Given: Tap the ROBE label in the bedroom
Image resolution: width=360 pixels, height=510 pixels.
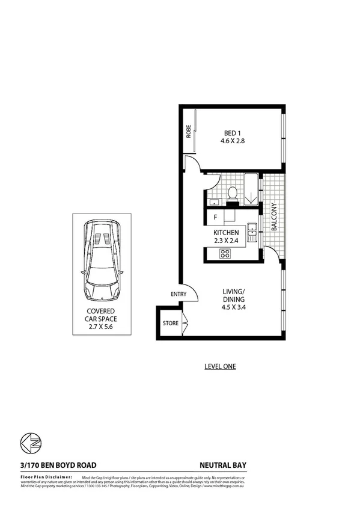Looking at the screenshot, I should (188, 131).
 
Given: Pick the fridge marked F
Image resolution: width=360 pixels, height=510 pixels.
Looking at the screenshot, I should (215, 218).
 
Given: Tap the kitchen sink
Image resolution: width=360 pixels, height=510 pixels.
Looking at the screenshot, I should (253, 231).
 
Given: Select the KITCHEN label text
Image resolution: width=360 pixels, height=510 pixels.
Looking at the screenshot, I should (226, 233).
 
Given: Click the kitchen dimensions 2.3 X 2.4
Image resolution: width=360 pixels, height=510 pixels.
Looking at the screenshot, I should (226, 241).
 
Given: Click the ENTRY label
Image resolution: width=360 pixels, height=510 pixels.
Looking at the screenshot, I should (178, 294).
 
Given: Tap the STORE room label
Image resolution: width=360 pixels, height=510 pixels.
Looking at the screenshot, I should (170, 324).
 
